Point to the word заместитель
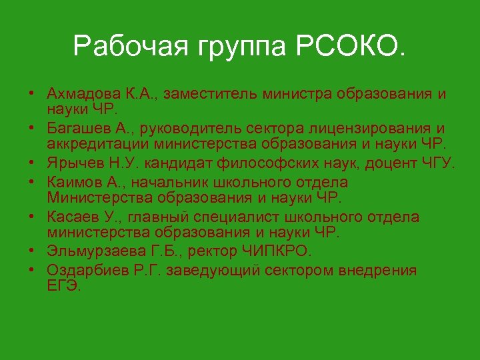pyautogui.click(x=211, y=93)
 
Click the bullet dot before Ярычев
pyautogui.click(x=32, y=163)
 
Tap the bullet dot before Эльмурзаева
pyautogui.click(x=32, y=252)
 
